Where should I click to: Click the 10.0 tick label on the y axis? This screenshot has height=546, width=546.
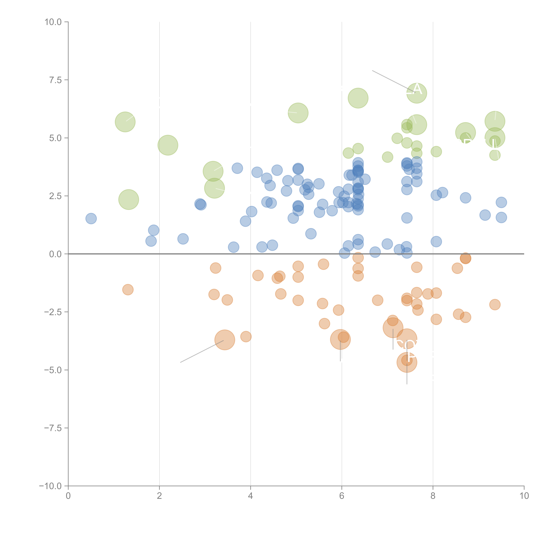[x=53, y=22]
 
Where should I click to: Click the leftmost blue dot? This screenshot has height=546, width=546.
[x=91, y=219]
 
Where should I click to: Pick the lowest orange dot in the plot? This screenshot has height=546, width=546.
[x=407, y=362]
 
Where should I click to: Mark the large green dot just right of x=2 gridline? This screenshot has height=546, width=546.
[x=168, y=145]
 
